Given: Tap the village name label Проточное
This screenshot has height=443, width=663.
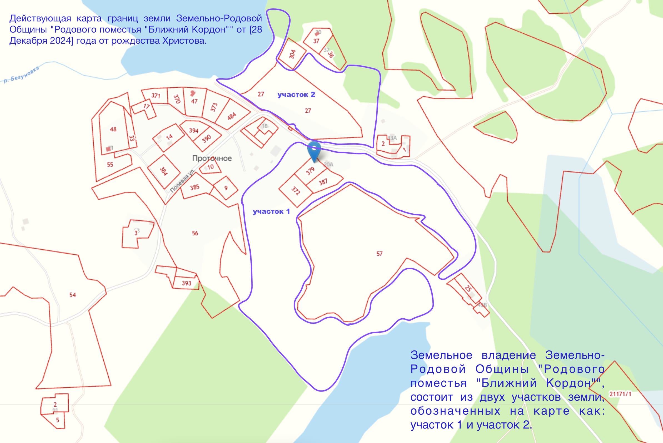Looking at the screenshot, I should [212, 158].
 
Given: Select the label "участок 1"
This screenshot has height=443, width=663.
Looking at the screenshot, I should [271, 211].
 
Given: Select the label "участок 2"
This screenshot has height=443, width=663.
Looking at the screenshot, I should [296, 94].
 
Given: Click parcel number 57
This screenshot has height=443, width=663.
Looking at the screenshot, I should [380, 254].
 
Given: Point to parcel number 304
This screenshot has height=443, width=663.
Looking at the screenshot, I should [292, 54].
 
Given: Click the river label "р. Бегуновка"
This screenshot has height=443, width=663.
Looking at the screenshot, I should [21, 74].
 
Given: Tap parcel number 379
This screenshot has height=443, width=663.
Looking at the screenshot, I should [310, 171].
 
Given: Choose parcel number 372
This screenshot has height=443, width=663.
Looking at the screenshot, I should [295, 191].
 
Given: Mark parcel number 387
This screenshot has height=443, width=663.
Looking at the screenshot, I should [323, 182].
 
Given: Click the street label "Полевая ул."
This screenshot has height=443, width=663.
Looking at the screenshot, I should [183, 181].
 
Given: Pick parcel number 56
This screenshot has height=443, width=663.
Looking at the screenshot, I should [195, 233].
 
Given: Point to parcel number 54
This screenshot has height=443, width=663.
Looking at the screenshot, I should [73, 295].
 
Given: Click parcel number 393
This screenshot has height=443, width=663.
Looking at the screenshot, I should [186, 283].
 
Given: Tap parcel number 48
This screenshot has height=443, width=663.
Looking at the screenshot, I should [113, 129].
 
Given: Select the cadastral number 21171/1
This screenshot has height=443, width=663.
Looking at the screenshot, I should [620, 394].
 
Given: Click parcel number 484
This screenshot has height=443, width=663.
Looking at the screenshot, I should [232, 116].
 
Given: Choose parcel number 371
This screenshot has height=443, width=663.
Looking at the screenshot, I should [156, 95].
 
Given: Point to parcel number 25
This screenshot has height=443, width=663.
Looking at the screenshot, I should [468, 289].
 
